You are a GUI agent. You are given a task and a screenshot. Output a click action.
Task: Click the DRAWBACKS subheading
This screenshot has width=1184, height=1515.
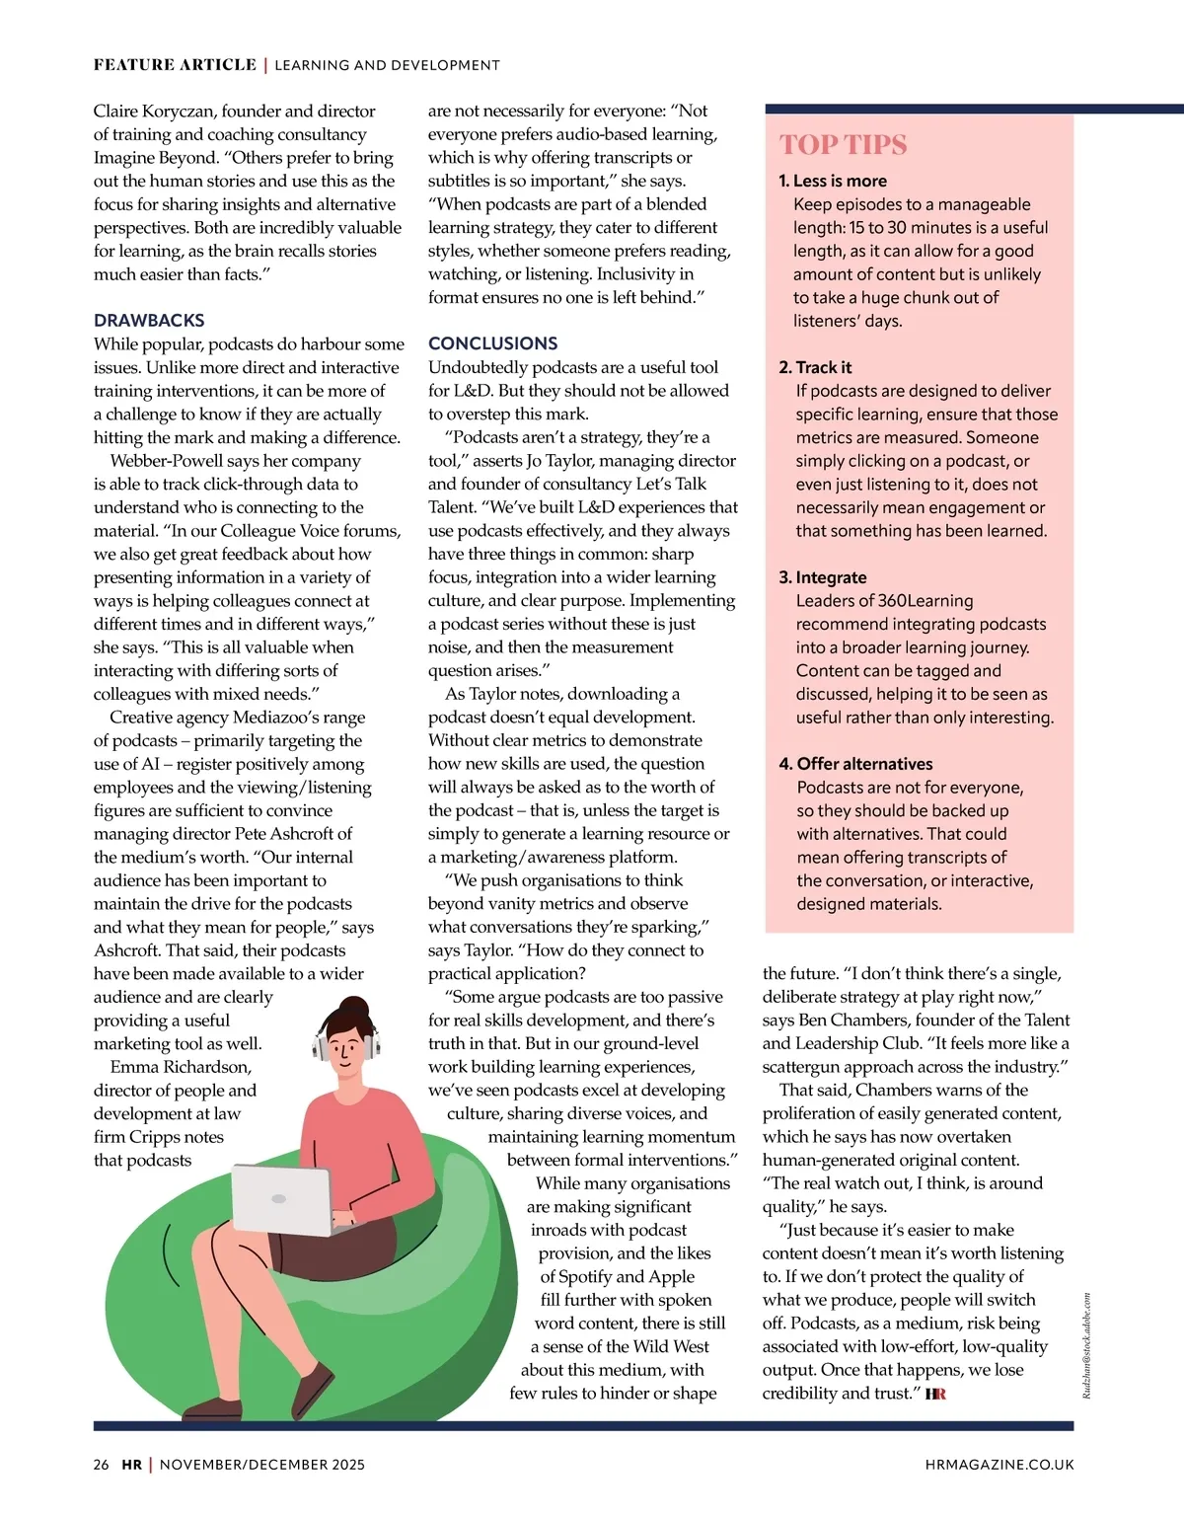pos(149,320)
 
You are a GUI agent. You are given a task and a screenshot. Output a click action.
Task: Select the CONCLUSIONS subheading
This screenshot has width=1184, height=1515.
pos(492,343)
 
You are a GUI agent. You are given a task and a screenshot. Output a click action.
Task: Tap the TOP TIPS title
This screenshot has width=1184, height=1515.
pos(843,145)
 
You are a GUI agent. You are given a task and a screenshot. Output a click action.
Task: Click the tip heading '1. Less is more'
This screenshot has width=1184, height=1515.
pos(833,181)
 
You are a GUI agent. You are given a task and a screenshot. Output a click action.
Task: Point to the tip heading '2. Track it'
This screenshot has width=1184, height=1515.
pos(815,367)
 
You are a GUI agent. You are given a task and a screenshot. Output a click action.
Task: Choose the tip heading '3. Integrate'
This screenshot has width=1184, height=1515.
pos(823,577)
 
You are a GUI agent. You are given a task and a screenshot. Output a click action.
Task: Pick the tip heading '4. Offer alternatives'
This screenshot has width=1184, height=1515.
pos(855,764)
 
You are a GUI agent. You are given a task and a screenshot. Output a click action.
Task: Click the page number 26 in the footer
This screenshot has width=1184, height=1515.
pos(102,1465)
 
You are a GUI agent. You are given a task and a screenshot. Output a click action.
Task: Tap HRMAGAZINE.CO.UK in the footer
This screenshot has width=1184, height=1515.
pos(999,1465)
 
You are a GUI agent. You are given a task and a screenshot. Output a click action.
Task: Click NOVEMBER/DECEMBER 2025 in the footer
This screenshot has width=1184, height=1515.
pos(262,1465)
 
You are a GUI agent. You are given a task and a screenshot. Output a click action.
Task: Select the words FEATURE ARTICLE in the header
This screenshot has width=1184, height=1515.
pos(175,65)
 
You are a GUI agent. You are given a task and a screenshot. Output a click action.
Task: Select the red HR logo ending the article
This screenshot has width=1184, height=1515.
pos(935,1394)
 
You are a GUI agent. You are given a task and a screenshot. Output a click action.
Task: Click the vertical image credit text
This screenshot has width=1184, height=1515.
pos(1086,1345)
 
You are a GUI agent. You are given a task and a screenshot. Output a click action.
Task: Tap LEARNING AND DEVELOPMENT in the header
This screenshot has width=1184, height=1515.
pos(387,65)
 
